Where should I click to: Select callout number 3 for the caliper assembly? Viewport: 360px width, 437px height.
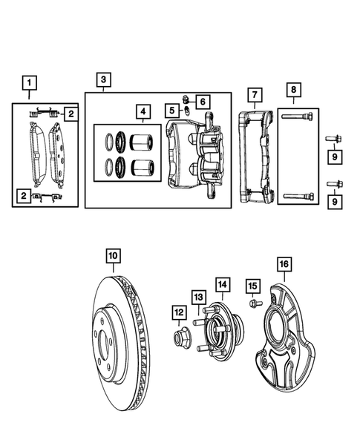tap(103, 79)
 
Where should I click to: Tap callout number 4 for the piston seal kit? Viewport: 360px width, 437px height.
tap(141, 112)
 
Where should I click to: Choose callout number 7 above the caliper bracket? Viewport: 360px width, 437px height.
tap(254, 94)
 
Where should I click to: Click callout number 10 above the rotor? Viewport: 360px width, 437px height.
tap(112, 257)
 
